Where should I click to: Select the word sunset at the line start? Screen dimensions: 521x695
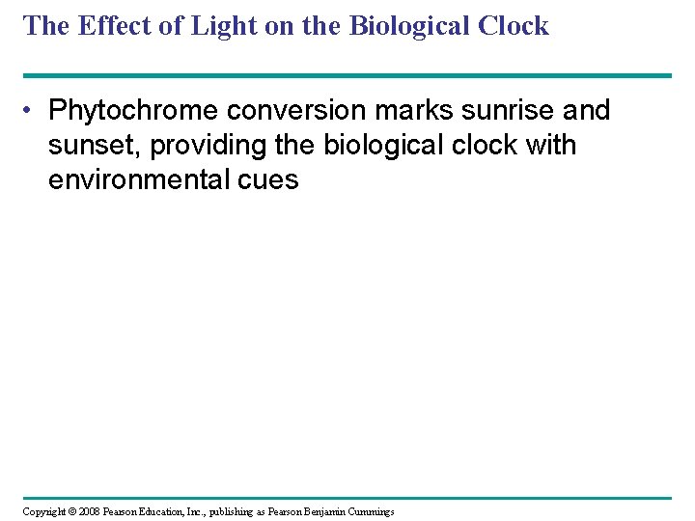coord(94,146)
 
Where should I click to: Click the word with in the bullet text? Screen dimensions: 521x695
coord(554,146)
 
